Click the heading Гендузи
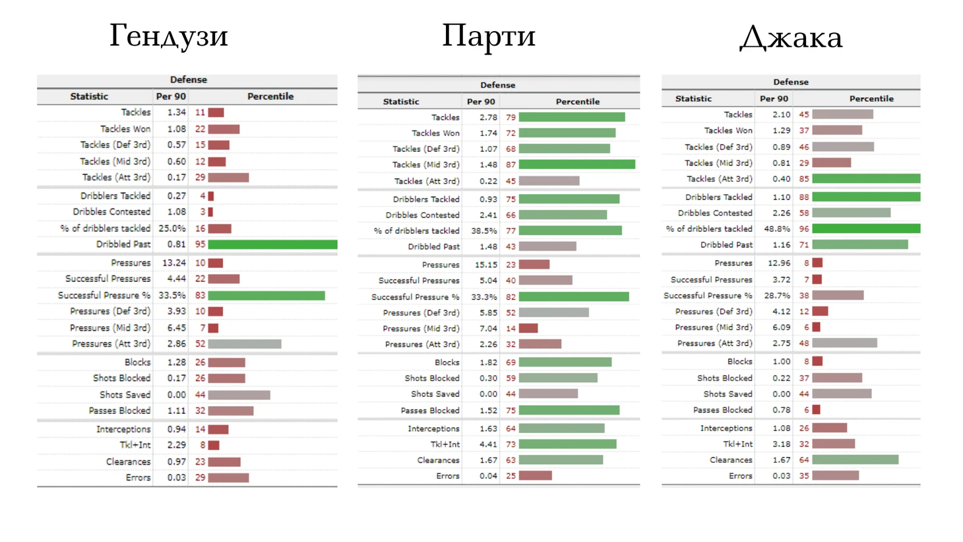pos(168,36)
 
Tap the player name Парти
pos(488,36)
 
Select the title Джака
pos(791,37)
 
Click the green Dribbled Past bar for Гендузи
pos(272,244)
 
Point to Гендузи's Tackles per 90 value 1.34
pos(176,112)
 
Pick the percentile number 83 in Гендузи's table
pos(200,295)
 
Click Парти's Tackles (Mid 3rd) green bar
pos(576,164)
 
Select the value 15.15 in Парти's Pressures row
pos(486,264)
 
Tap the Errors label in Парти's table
pos(448,476)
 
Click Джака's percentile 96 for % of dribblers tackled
pos(804,228)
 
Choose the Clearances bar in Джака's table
pos(855,459)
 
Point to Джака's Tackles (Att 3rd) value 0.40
pos(781,179)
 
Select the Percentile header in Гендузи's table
pos(270,96)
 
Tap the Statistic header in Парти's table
pos(401,102)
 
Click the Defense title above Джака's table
pos(790,82)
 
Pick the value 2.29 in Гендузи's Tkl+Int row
pos(176,445)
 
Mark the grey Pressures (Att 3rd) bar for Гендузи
pos(244,344)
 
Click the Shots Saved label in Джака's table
pos(728,393)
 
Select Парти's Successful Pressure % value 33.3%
pos(484,297)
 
